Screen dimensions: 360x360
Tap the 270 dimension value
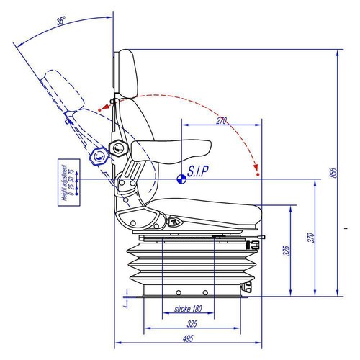220,122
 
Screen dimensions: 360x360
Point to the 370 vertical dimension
310,238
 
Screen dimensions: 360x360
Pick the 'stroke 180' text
188,310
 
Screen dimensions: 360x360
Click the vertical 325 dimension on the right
286,251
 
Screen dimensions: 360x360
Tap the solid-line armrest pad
173,149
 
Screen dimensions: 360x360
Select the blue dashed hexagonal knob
96,156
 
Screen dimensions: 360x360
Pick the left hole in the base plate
176,292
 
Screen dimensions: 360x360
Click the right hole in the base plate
207,292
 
